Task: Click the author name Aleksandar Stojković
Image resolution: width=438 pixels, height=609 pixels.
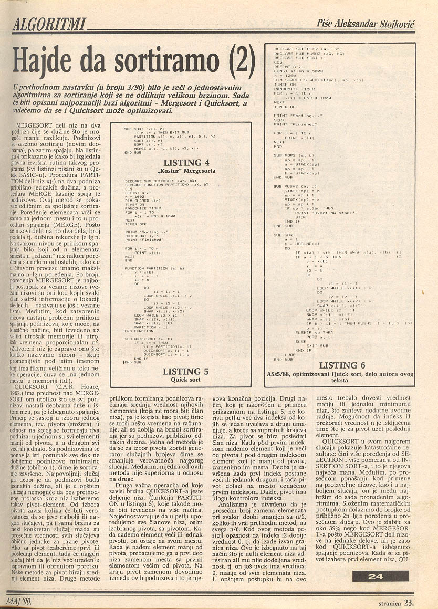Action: point(383,23)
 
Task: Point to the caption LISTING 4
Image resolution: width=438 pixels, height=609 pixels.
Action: point(186,162)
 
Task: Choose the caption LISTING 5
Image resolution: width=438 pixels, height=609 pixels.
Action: point(185,371)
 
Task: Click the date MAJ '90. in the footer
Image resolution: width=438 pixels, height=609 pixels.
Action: point(19,600)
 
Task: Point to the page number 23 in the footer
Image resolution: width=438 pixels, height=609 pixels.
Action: point(409,603)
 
